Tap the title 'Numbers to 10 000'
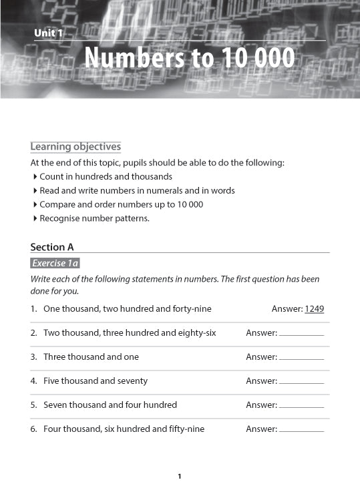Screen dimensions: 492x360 [x=189, y=59]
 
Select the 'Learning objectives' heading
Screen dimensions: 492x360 [x=75, y=147]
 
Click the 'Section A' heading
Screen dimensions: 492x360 [x=52, y=247]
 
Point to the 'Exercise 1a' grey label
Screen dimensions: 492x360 [x=55, y=264]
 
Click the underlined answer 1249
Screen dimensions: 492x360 [x=314, y=309]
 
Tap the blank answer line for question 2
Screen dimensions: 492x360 [x=301, y=334]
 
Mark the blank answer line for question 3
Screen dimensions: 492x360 [x=301, y=358]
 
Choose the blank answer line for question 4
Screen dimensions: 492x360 [x=301, y=383]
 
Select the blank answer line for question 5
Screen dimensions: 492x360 [x=301, y=407]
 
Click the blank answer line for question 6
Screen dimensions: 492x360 [x=301, y=431]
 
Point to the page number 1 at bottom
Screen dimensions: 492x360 [x=180, y=476]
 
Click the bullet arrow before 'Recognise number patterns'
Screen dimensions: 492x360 [x=35, y=218]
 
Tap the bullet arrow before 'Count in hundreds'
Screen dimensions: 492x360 [x=35, y=177]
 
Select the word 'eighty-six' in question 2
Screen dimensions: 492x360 [x=196, y=333]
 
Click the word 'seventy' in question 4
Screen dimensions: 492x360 [x=133, y=381]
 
